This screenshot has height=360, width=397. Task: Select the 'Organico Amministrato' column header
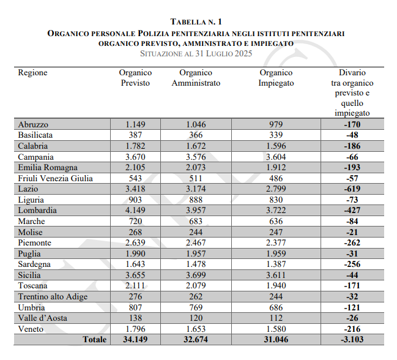(196, 78)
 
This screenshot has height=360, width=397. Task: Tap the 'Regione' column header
(32, 73)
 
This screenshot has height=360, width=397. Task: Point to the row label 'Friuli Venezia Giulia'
(56, 178)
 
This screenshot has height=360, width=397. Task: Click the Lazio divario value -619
(352, 189)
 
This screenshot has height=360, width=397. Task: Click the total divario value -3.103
(352, 339)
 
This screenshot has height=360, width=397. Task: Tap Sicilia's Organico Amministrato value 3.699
(196, 275)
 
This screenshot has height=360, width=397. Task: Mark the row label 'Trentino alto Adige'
(53, 296)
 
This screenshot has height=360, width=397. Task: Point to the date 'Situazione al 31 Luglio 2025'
(196, 54)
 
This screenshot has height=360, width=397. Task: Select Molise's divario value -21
(352, 232)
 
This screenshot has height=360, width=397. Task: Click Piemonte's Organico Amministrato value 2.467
(196, 242)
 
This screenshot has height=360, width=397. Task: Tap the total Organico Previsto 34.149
(137, 339)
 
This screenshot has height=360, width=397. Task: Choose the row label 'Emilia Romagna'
(48, 168)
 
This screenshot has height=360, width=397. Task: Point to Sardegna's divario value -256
(352, 264)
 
